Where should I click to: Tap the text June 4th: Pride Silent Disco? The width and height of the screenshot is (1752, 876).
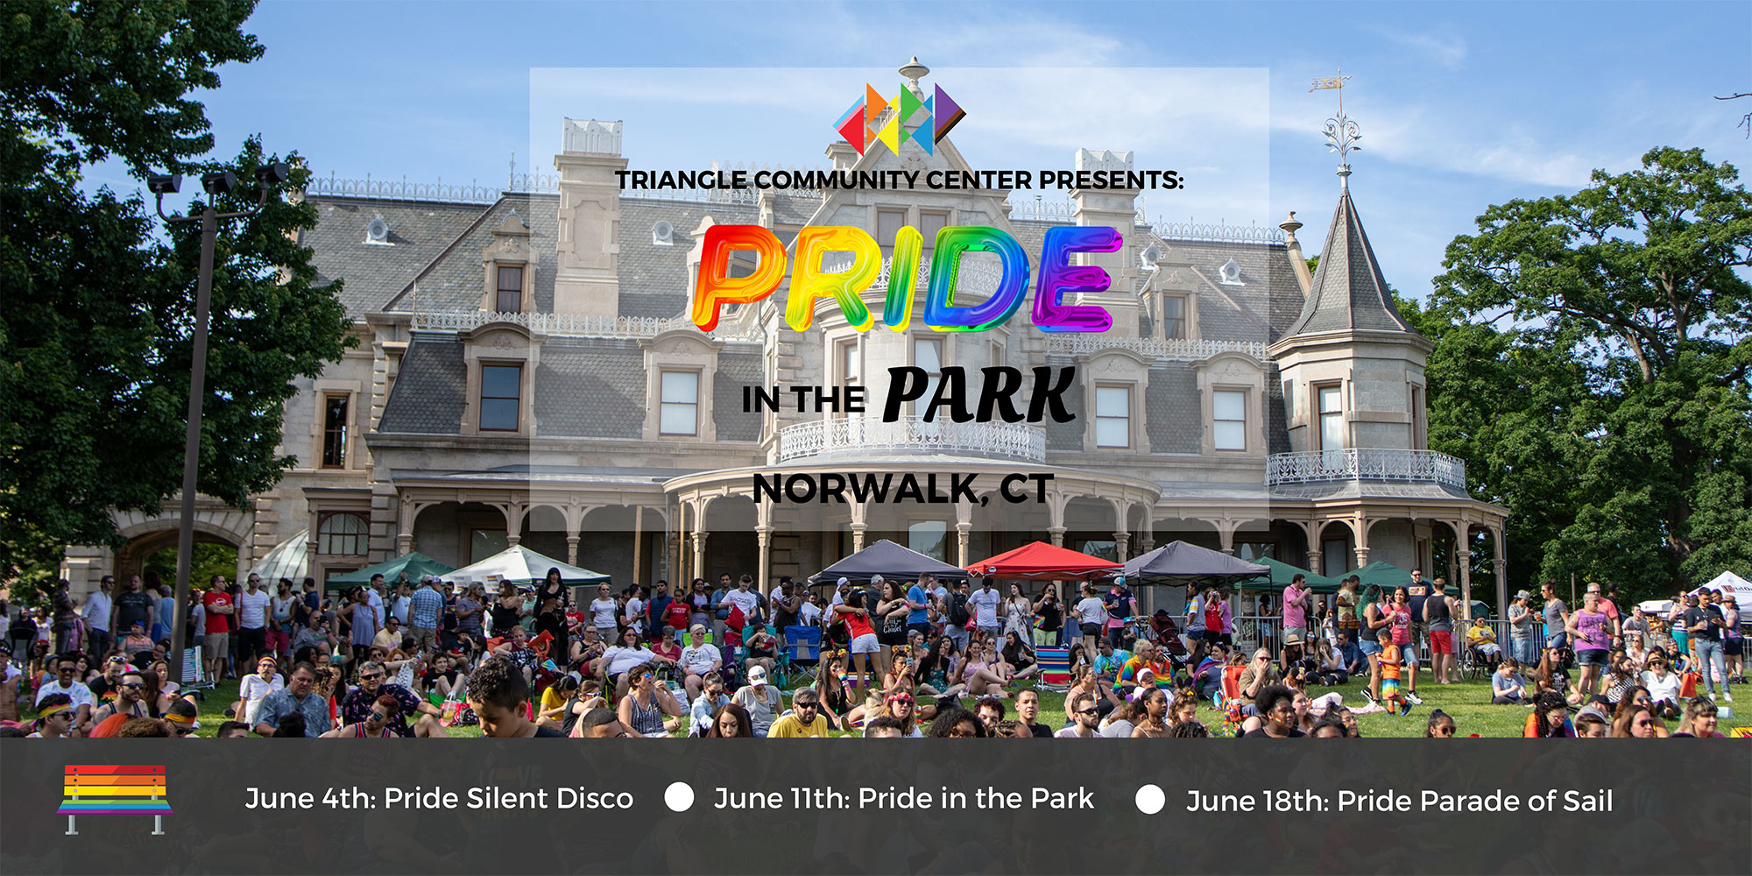pyautogui.click(x=439, y=799)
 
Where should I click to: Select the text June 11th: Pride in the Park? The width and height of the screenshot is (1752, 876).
pyautogui.click(x=904, y=799)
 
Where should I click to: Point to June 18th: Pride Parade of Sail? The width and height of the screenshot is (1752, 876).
pyautogui.click(x=1399, y=801)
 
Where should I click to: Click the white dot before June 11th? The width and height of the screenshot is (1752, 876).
pyautogui.click(x=679, y=797)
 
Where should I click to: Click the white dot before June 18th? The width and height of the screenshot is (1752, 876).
pyautogui.click(x=1149, y=799)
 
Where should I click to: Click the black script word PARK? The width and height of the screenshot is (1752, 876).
pyautogui.click(x=978, y=394)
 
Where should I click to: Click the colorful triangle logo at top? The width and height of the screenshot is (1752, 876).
pyautogui.click(x=900, y=119)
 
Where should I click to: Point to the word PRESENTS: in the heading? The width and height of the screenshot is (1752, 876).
pyautogui.click(x=1111, y=180)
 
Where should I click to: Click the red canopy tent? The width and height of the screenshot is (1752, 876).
pyautogui.click(x=1042, y=560)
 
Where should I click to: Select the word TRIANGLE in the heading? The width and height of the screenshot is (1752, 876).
pyautogui.click(x=682, y=180)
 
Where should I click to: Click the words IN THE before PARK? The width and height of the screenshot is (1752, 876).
pyautogui.click(x=803, y=400)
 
